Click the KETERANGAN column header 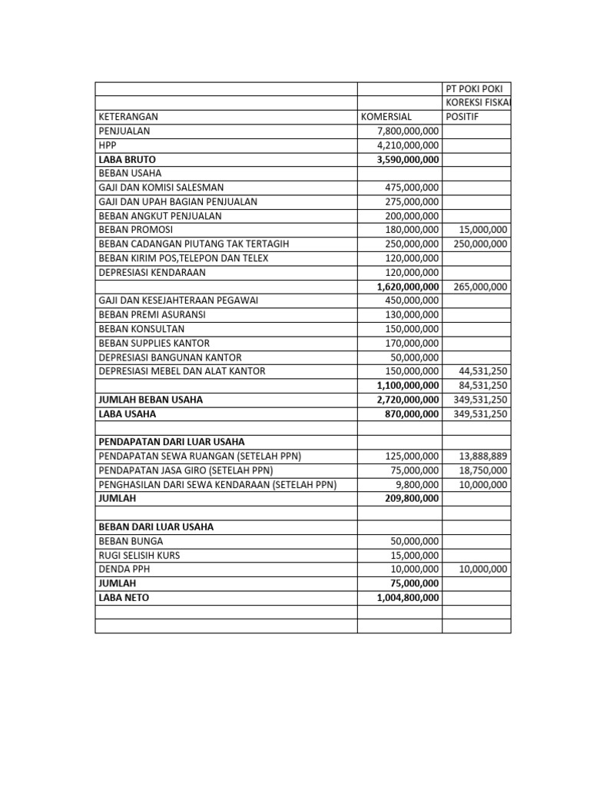click(128, 117)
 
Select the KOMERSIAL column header click(386, 117)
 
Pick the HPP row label click(106, 144)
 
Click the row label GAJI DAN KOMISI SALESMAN click(161, 187)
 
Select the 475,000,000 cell click(412, 187)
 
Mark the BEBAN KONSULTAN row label click(141, 328)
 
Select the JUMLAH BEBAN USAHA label click(151, 400)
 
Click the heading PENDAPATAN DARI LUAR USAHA click(171, 442)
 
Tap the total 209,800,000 click(412, 498)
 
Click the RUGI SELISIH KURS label click(140, 555)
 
